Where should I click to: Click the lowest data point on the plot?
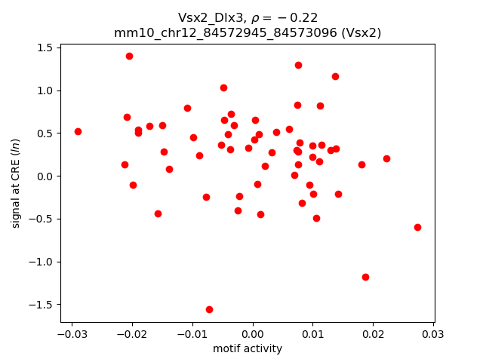tap(209, 309)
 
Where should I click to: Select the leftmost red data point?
tap(78, 131)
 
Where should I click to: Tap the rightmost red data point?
tap(417, 227)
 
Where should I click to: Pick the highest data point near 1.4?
tap(129, 56)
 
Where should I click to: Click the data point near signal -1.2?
tap(365, 277)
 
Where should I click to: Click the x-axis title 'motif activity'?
tap(248, 348)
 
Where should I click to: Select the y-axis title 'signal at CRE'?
tap(16, 183)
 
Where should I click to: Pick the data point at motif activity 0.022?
tap(386, 158)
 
